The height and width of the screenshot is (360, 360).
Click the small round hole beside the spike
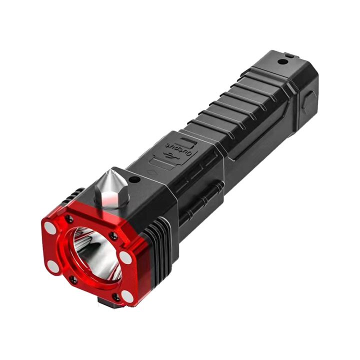(133, 179)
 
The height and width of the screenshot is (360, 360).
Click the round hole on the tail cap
(283, 62)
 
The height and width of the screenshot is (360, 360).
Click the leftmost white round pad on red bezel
(50, 228)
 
